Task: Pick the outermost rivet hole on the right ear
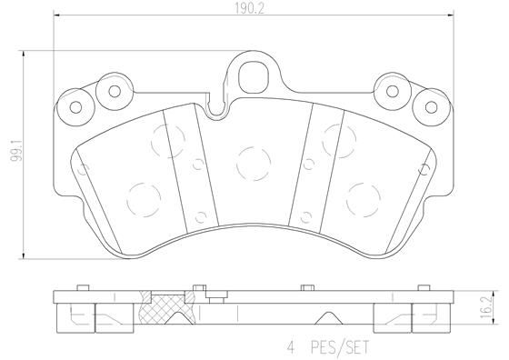click(425, 106)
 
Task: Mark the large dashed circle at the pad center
click(249, 161)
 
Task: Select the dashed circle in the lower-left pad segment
click(141, 197)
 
